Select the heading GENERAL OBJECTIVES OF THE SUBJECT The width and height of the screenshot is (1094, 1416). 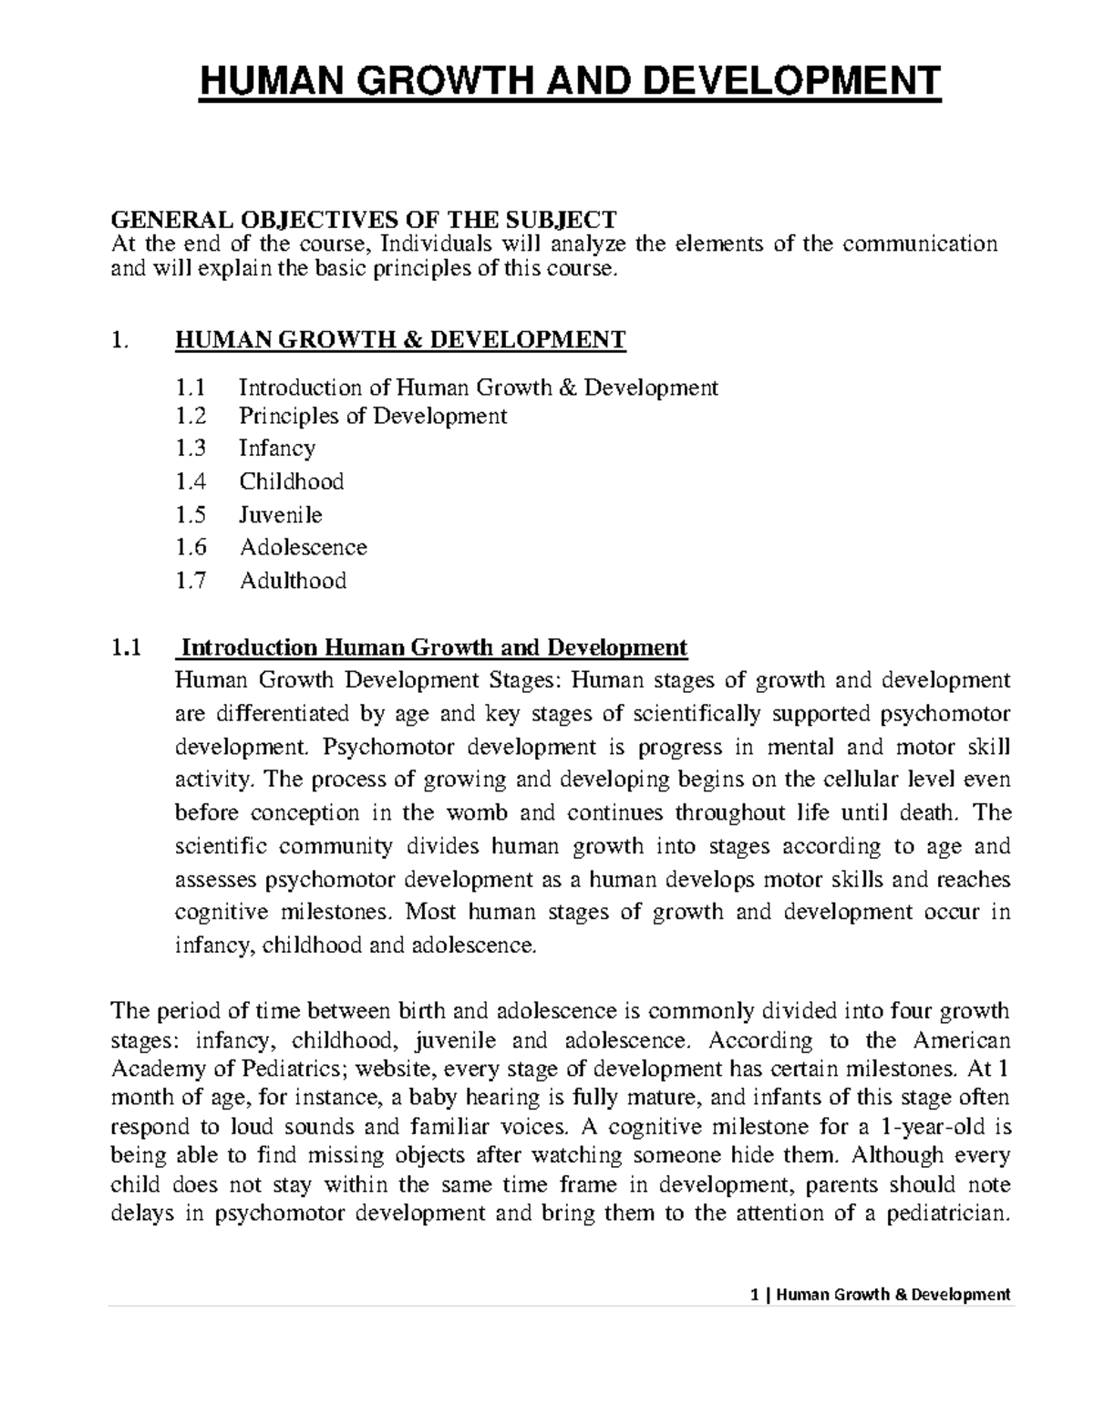coord(363,219)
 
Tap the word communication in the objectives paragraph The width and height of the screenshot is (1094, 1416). coord(921,243)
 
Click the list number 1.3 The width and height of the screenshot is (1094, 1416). coord(191,448)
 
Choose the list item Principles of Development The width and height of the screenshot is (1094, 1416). coord(372,416)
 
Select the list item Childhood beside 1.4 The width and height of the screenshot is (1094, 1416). coord(292,481)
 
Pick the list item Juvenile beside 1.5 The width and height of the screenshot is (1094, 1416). coord(281,514)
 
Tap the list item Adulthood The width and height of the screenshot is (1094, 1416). coord(293,581)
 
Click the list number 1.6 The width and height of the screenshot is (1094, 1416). coord(191,547)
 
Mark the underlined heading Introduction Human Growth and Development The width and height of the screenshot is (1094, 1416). coord(434,647)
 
